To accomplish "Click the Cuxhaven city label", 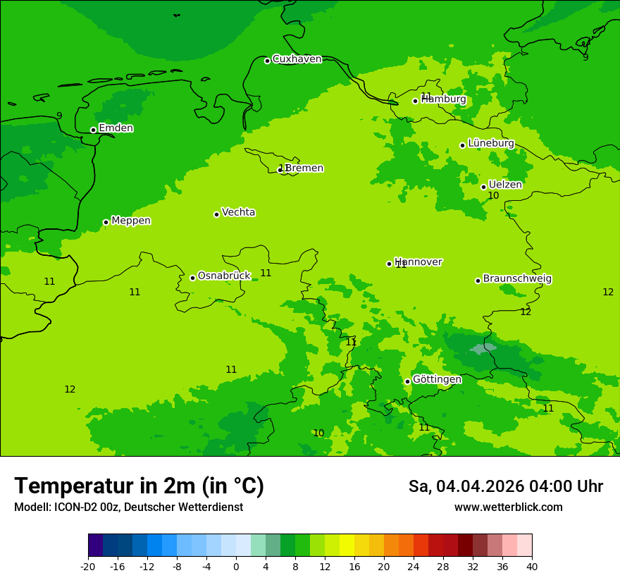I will click(297, 59).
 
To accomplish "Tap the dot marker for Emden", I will click(93, 130).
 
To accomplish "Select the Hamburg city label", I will click(444, 99).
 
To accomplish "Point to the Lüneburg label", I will click(490, 143).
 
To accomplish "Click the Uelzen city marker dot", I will click(483, 187).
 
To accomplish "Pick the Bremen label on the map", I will click(304, 168).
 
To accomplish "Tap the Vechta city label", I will click(238, 212).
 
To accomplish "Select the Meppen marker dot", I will click(106, 222).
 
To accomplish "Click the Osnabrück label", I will click(223, 276).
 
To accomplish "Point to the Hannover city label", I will click(418, 262).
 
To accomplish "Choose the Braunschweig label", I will click(517, 279).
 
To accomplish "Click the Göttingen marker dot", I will click(407, 381).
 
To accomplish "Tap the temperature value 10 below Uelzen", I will click(493, 196).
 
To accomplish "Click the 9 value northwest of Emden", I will click(59, 116).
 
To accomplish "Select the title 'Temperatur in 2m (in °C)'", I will click(139, 486).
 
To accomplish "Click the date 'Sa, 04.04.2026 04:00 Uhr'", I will click(505, 486).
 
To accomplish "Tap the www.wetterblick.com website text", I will click(508, 507).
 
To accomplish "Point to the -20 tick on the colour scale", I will click(88, 566).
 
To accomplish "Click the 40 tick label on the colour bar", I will click(532, 566).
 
